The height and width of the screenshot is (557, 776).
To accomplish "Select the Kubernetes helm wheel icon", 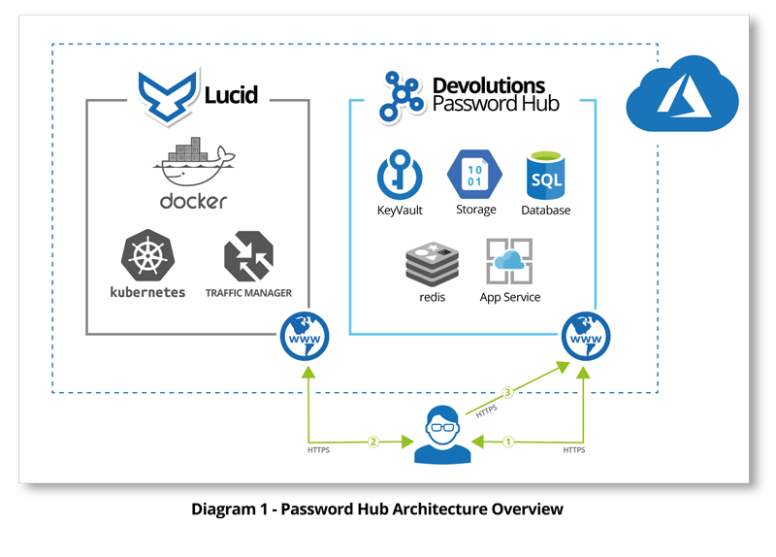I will (147, 256).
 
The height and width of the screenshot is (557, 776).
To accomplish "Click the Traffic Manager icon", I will (248, 256).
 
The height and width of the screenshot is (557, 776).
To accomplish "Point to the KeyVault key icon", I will (400, 175).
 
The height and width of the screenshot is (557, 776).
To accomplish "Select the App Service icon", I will (510, 261).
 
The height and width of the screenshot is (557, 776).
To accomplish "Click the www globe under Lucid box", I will (305, 336).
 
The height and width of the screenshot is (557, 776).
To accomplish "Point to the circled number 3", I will (506, 393).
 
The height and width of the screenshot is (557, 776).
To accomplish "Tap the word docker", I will (194, 201).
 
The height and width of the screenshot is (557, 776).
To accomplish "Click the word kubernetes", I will (147, 292).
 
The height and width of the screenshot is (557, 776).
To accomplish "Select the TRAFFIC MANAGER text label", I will (248, 292).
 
